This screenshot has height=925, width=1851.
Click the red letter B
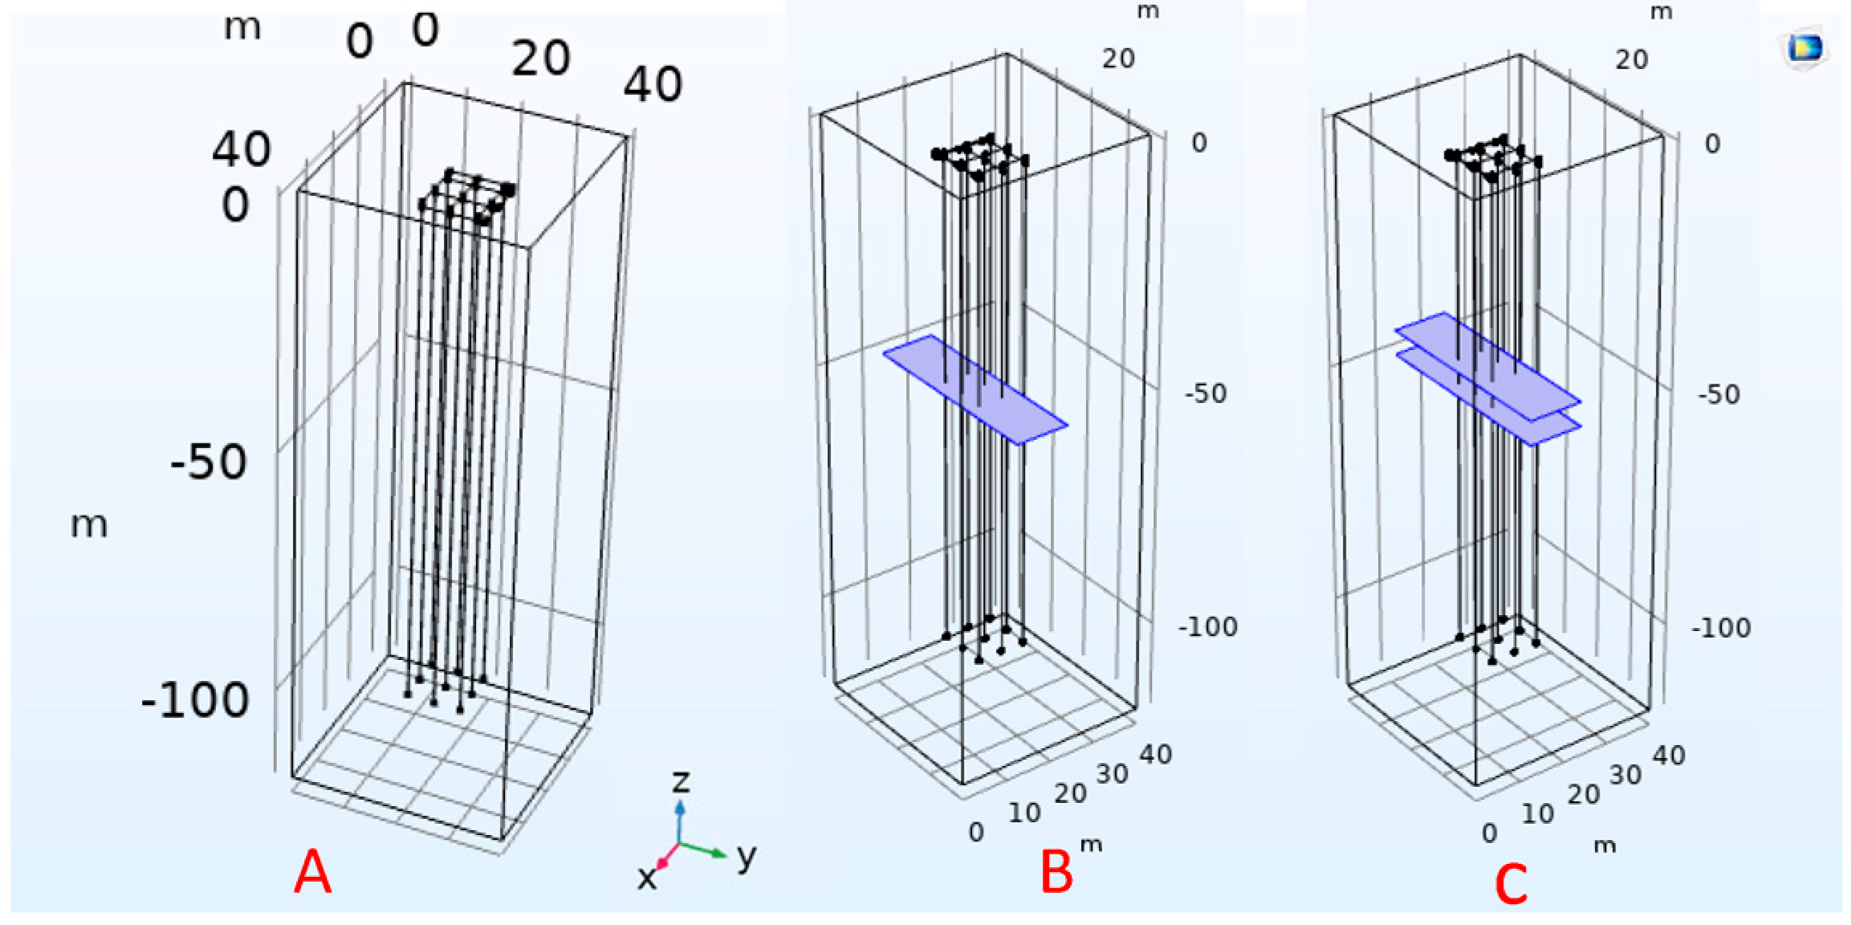tap(1056, 872)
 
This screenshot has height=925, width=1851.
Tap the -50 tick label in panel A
tap(209, 462)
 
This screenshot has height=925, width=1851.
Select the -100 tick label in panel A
tap(195, 700)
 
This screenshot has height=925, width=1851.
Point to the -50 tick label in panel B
tap(1206, 393)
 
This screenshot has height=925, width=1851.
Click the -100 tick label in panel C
tap(1721, 627)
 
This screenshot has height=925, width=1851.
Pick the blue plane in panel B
tap(975, 389)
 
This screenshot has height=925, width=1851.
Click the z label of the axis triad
tap(681, 780)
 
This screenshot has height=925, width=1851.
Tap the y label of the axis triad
tap(747, 857)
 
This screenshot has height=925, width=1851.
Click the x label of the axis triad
tap(646, 878)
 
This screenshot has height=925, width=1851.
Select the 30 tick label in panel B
tap(1112, 774)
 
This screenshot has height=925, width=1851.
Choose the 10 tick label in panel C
tap(1537, 813)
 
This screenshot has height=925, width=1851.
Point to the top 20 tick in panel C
tap(1631, 59)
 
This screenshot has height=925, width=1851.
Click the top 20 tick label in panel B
tap(1118, 59)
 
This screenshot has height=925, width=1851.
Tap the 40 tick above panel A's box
tap(653, 84)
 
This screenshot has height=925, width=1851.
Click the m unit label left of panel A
tap(89, 524)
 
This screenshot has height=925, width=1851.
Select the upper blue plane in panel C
tap(1487, 366)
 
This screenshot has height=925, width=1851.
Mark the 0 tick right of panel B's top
tap(1198, 143)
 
